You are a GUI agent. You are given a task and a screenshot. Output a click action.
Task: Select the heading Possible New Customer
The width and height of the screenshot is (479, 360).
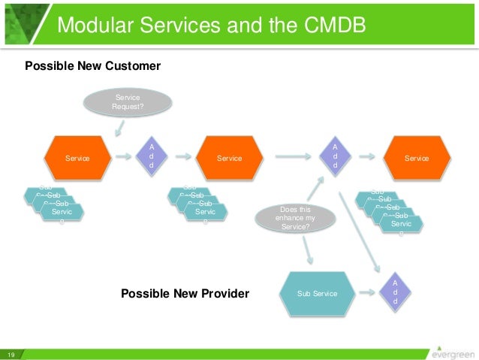(93, 66)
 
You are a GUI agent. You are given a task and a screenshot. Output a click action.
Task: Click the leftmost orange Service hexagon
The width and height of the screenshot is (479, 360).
(77, 158)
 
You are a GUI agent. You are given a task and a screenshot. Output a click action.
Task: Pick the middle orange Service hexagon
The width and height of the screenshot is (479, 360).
(229, 158)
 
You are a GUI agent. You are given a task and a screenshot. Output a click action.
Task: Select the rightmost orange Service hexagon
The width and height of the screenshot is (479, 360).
(417, 158)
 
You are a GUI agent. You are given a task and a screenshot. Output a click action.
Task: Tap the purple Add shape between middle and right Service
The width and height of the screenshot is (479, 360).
(336, 154)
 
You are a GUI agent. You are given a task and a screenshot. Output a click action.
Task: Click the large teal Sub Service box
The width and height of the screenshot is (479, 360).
(318, 292)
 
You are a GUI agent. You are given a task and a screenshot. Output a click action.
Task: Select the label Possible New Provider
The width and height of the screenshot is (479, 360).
(185, 293)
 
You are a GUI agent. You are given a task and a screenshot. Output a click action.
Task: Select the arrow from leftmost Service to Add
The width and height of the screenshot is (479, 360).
(123, 158)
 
